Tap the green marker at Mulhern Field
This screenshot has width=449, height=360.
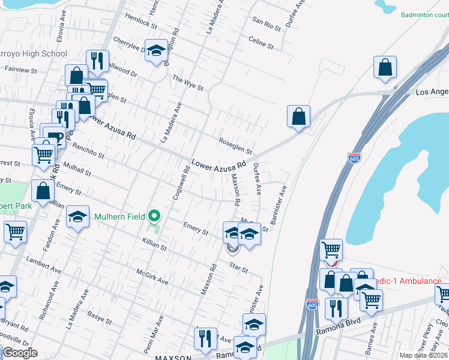click(155, 215)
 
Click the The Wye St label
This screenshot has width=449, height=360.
click(188, 83)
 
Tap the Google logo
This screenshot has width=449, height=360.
click(19, 353)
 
